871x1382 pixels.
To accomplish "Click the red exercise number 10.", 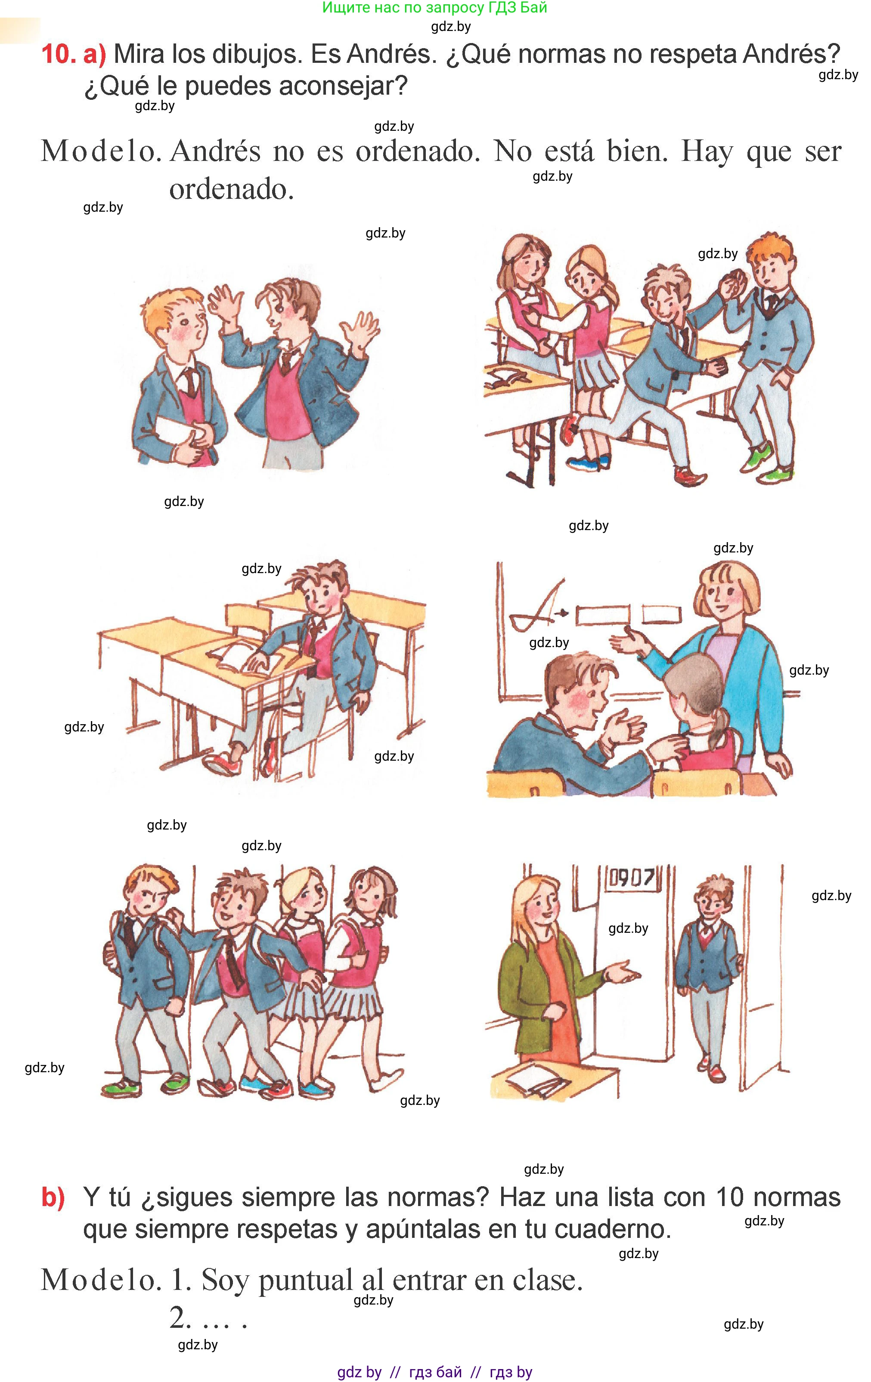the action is pyautogui.click(x=58, y=55).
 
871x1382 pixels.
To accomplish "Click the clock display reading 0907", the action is pyautogui.click(x=632, y=878).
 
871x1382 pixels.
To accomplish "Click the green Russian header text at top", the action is pyautogui.click(x=434, y=8).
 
